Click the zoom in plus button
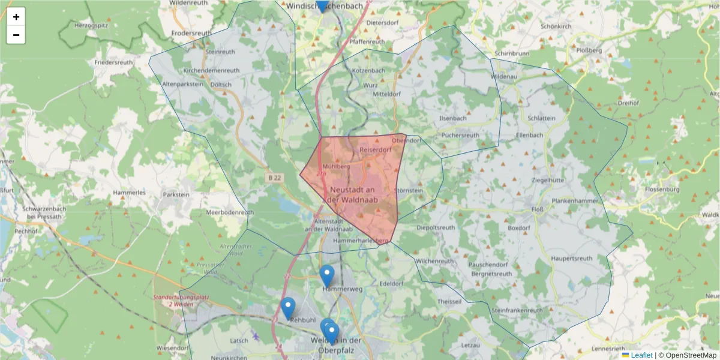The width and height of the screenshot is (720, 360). click(x=16, y=17)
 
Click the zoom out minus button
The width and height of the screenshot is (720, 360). click(x=16, y=35)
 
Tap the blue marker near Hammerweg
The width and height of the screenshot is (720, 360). click(x=326, y=275)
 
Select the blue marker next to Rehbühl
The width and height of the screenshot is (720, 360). click(x=288, y=308)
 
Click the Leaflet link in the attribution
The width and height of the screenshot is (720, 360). click(x=641, y=355)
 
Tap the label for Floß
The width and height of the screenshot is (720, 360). click(x=538, y=209)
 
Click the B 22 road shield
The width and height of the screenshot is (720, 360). click(x=274, y=178)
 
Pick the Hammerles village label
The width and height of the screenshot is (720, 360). click(x=133, y=193)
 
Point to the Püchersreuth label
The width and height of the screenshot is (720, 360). click(x=461, y=136)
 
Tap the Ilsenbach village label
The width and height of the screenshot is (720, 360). click(x=453, y=118)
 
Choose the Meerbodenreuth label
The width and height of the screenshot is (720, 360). click(x=230, y=212)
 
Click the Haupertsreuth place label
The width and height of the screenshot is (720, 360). click(x=571, y=259)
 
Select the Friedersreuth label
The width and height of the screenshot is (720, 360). click(x=113, y=62)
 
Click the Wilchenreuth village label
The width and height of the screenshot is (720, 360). click(x=435, y=262)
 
